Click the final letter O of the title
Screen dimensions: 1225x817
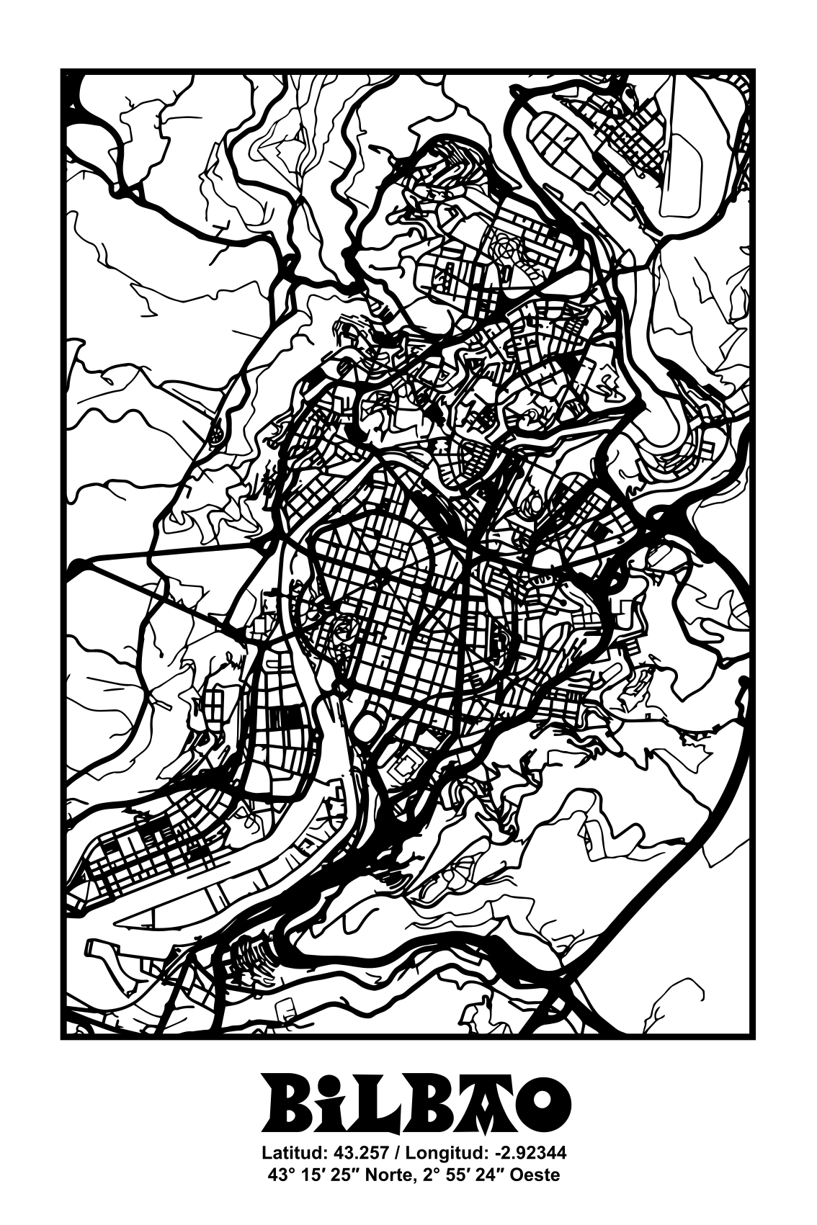coord(542,1105)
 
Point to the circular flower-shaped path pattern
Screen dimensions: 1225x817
coord(506,248)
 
